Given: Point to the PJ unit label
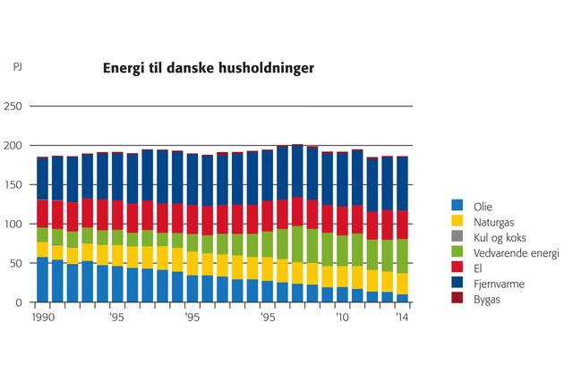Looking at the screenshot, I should pos(18,67).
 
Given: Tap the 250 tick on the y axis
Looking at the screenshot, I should pos(13,106).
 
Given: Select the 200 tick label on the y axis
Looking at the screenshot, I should pos(13,146).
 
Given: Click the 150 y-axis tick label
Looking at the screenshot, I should pos(13,185).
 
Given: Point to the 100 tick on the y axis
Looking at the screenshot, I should pos(13,225).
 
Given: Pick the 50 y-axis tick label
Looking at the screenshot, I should pos(16,264).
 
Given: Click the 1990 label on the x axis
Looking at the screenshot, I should pos(41,317).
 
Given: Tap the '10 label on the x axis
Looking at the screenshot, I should pos(341,317).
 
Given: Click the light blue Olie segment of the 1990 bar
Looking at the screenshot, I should pos(42,279).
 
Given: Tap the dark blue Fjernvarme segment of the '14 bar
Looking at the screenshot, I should pos(402,184).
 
